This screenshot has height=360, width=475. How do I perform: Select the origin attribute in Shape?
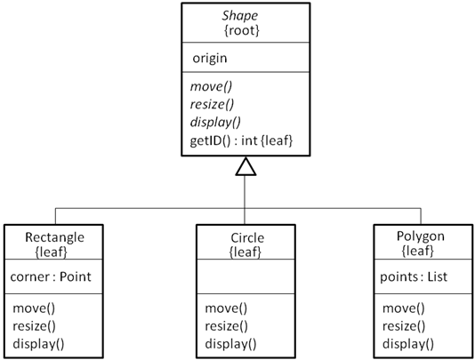pos(211,58)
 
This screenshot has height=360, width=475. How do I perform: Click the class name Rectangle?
pos(55,237)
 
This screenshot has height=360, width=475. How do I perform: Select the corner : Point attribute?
pos(51,276)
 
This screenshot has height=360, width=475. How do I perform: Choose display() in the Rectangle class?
pos(38,343)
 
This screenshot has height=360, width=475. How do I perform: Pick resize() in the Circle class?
pos(226,326)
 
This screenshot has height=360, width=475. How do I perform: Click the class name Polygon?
pos(421,237)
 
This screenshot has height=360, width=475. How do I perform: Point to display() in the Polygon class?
pos(408,343)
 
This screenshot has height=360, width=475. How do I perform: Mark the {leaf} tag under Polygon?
pos(421,252)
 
